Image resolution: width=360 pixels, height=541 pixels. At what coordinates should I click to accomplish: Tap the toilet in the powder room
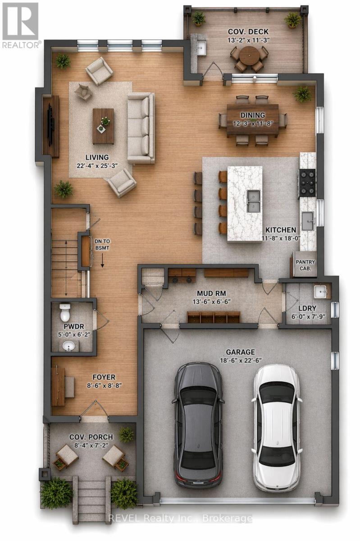click(x=66, y=312)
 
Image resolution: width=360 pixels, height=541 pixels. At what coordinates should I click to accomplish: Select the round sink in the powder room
click(x=69, y=346)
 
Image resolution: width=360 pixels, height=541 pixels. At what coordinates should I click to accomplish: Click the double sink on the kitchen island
click(x=253, y=200)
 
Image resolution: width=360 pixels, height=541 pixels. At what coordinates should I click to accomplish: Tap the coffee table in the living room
click(x=103, y=126)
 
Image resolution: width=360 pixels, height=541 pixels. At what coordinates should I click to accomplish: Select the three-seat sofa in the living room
click(x=141, y=128)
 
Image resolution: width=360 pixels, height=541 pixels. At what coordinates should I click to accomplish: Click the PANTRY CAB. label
click(x=305, y=265)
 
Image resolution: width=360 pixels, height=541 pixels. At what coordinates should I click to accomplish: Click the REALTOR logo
click(x=21, y=25)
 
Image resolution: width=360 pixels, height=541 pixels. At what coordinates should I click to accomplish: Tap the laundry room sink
click(x=320, y=292)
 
